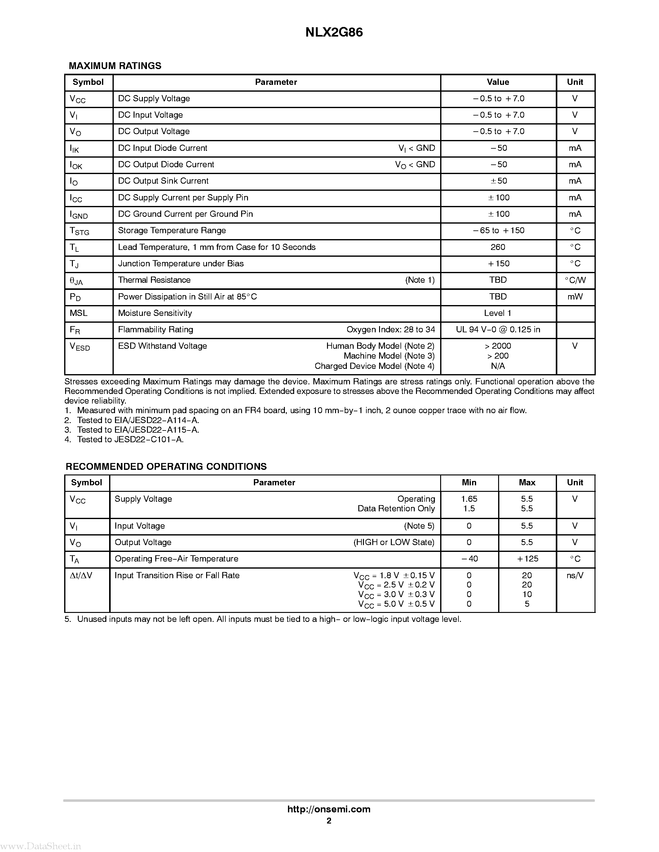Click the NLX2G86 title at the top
click(x=334, y=33)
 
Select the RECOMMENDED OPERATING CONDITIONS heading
click(x=166, y=466)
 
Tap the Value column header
click(x=498, y=82)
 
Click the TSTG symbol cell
click(x=79, y=231)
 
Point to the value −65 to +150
click(x=498, y=230)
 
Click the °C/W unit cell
click(x=575, y=280)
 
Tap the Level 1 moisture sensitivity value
click(x=498, y=313)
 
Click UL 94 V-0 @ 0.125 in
click(x=498, y=330)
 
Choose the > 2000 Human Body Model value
click(x=498, y=346)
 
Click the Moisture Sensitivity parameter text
click(x=155, y=313)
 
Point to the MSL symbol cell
click(x=78, y=313)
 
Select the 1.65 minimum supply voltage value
click(x=469, y=499)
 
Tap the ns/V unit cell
click(x=575, y=575)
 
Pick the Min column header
click(x=469, y=483)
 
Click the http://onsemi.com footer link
click(x=329, y=809)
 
